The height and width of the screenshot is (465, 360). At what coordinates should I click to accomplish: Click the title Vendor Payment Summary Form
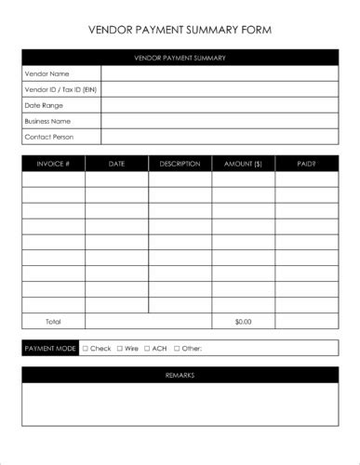(180, 30)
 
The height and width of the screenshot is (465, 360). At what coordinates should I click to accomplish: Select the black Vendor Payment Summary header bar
(180, 58)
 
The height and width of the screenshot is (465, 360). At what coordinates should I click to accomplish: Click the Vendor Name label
(47, 73)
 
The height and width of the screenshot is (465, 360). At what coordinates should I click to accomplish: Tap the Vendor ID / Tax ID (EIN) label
(60, 89)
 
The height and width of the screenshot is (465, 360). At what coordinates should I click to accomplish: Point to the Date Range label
(45, 105)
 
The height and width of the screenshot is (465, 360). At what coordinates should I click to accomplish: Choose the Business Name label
(48, 121)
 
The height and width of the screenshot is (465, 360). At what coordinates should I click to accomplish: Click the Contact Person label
(49, 137)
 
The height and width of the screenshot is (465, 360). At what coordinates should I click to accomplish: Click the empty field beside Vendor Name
(219, 73)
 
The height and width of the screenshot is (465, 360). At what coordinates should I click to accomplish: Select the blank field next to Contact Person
(219, 137)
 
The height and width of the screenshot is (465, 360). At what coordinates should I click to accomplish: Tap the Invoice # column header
(53, 164)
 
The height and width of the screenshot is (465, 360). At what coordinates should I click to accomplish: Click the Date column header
(116, 164)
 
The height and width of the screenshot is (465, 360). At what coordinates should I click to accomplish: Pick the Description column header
(180, 164)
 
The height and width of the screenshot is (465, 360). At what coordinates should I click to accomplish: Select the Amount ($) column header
(243, 164)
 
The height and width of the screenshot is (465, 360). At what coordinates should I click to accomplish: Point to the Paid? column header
(306, 164)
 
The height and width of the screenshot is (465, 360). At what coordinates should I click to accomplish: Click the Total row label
(53, 321)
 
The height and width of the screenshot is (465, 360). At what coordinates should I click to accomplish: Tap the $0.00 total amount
(243, 321)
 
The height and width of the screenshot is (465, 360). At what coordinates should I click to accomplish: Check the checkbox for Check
(86, 349)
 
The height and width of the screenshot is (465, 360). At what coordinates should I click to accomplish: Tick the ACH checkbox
(146, 349)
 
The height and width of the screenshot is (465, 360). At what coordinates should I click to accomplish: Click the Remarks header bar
(180, 375)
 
